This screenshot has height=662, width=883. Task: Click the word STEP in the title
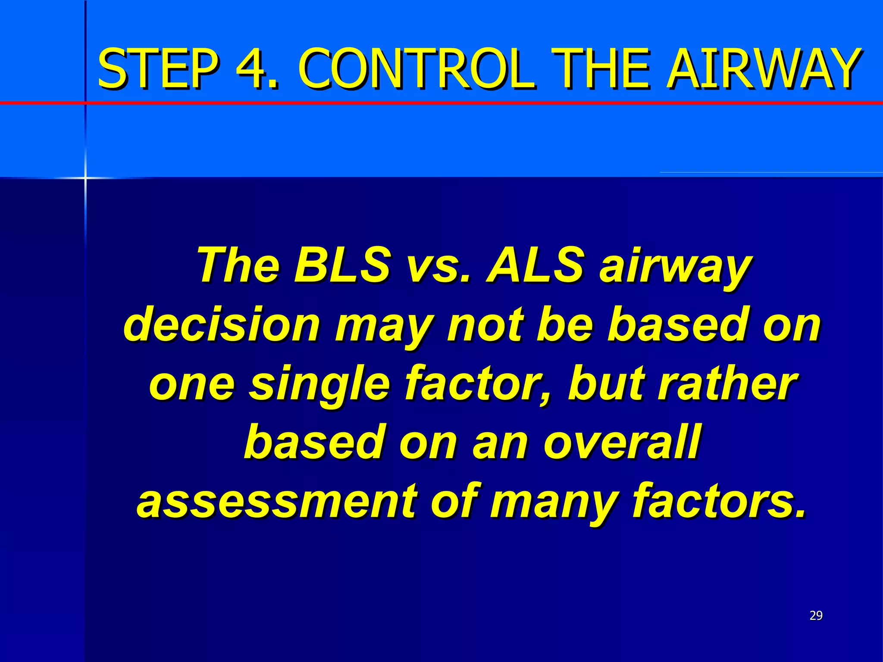coord(158,69)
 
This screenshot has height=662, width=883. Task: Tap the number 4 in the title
coord(256,69)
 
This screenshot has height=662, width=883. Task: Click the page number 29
coord(816,615)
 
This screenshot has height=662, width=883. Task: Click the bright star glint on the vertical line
coord(85,178)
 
